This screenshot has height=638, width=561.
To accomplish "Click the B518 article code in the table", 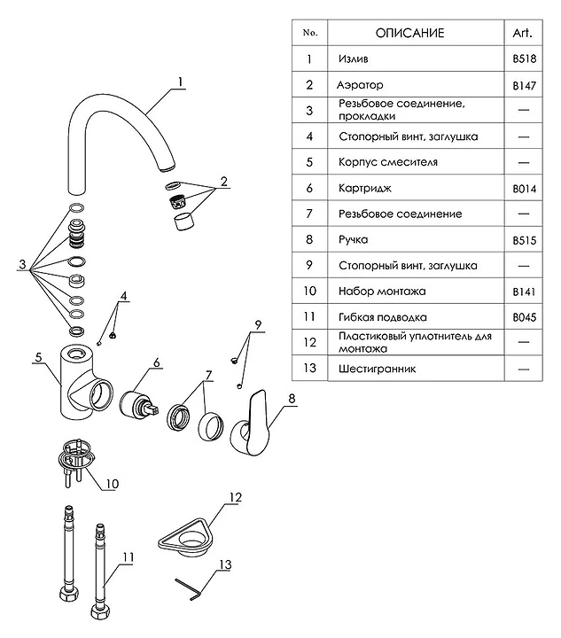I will pyautogui.click(x=522, y=59).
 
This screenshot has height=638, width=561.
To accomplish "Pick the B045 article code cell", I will pyautogui.click(x=522, y=316).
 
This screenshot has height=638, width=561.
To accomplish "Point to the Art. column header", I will pyautogui.click(x=521, y=33).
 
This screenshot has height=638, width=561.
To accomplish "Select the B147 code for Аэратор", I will pyautogui.click(x=522, y=86).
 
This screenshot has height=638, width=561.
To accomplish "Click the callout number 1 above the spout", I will pyautogui.click(x=180, y=83).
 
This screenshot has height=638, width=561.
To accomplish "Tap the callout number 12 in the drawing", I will pyautogui.click(x=233, y=498).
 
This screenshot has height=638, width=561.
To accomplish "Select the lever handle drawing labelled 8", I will pyautogui.click(x=253, y=424).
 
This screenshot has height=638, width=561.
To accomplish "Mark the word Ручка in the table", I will pyautogui.click(x=354, y=240).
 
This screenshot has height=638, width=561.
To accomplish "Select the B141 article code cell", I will pyautogui.click(x=522, y=291).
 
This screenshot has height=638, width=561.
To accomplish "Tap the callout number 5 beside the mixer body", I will pyautogui.click(x=38, y=358).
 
